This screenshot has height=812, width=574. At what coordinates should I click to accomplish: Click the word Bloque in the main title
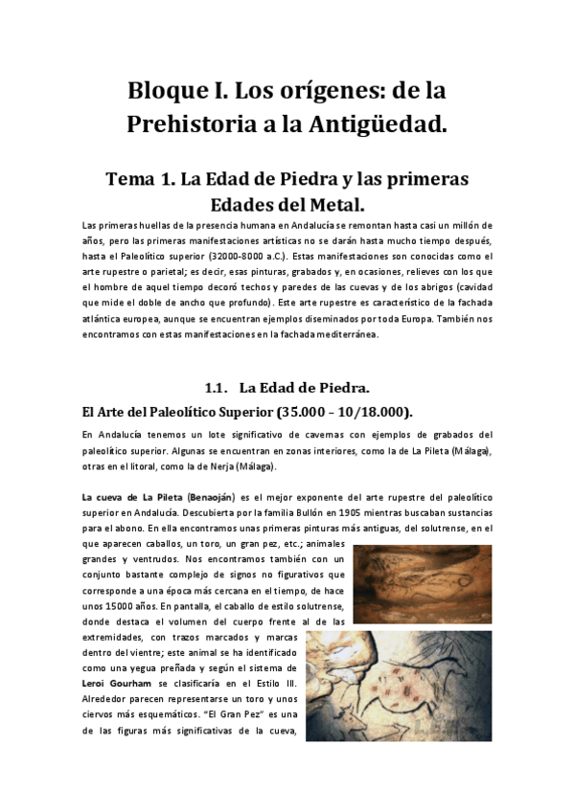(x=168, y=93)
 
